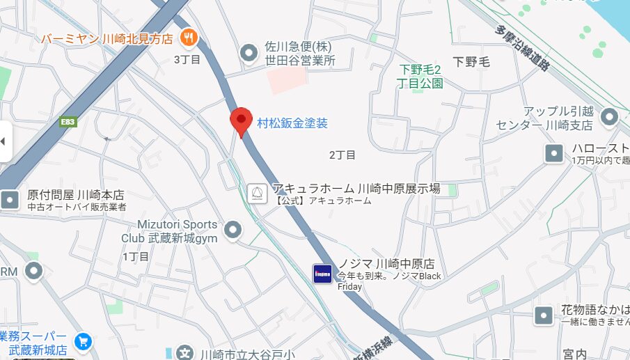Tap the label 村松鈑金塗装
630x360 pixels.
[292, 123]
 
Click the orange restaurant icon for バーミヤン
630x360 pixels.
[187, 38]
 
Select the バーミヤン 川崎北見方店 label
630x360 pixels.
[107, 39]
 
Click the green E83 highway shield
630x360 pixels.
[68, 122]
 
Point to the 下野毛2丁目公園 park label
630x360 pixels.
[421, 76]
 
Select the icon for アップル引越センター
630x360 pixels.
[610, 117]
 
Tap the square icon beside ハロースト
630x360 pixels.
[554, 154]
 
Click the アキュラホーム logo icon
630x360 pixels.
[258, 193]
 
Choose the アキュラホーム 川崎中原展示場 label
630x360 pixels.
[356, 189]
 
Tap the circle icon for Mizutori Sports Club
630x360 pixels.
[233, 230]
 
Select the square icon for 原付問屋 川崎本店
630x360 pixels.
[10, 201]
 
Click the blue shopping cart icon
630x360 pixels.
[84, 341]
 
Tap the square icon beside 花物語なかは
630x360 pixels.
[544, 315]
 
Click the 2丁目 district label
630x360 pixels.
[342, 155]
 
